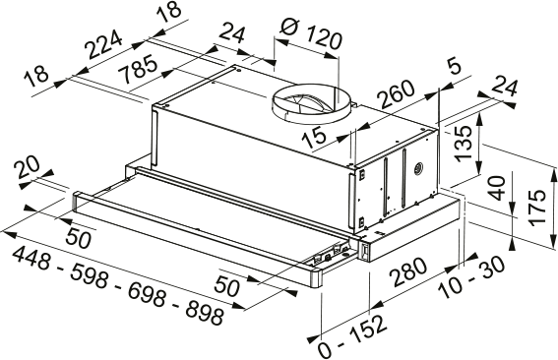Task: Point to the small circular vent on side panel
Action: click(x=419, y=168)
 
